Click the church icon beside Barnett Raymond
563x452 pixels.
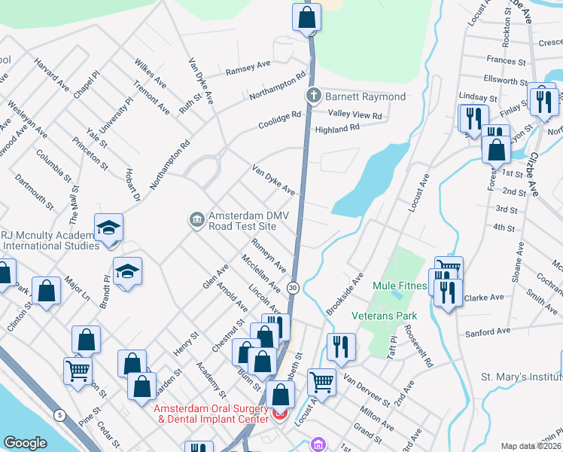click(313, 96)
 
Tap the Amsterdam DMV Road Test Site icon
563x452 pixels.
click(196, 219)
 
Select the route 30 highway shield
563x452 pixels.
click(294, 288)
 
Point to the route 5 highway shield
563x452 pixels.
click(59, 414)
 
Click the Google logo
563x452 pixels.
click(25, 443)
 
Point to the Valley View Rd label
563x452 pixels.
click(355, 115)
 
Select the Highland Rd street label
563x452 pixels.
click(337, 129)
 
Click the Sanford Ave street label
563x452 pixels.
click(488, 331)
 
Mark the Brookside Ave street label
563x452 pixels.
click(345, 294)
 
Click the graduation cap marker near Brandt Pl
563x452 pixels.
click(127, 271)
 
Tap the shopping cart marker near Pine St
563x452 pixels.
click(78, 371)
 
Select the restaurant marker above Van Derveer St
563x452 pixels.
click(341, 347)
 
